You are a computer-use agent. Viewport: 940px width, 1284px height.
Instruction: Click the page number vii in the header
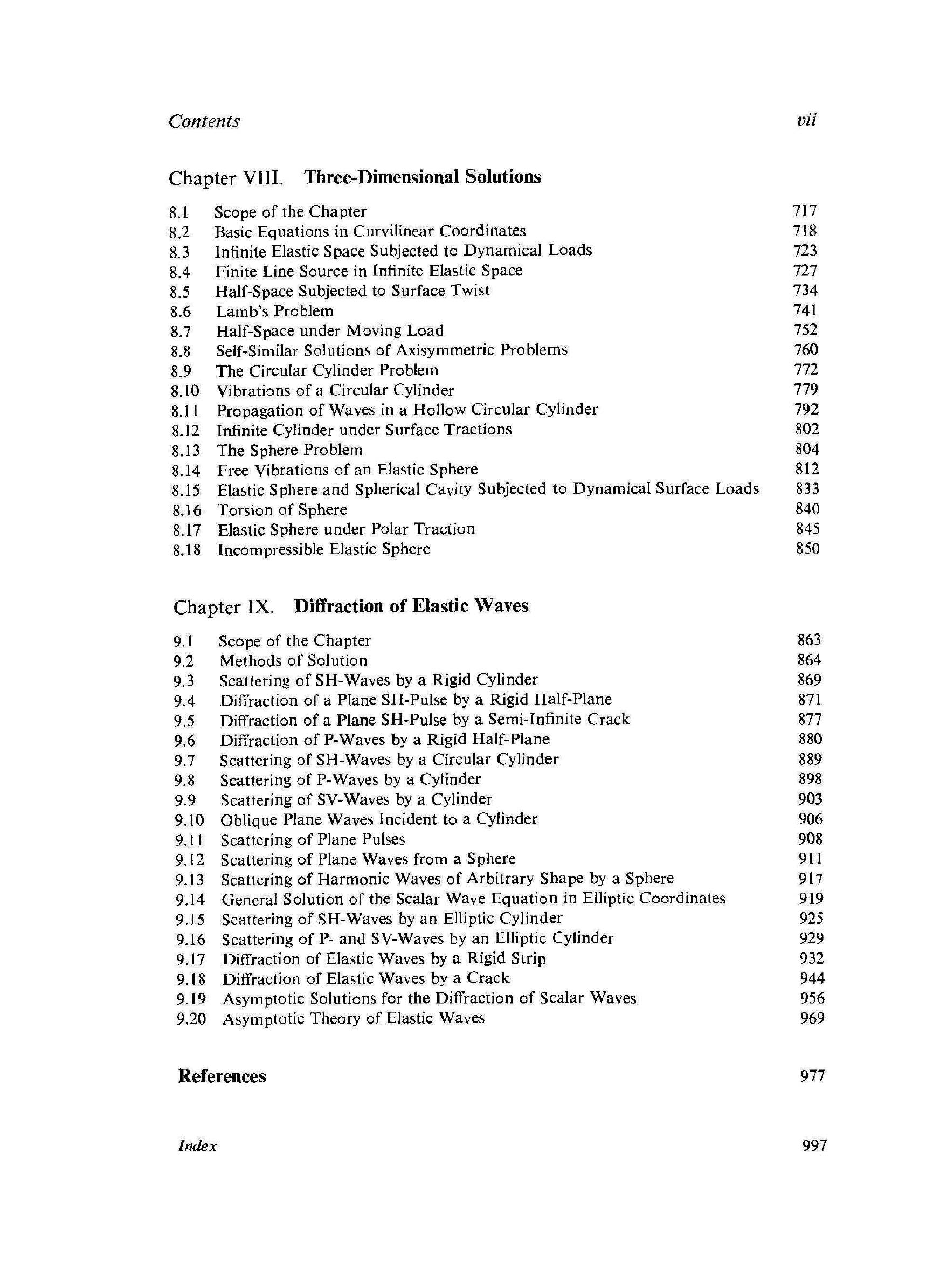[x=806, y=120]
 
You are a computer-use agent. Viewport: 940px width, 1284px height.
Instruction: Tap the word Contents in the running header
[x=204, y=121]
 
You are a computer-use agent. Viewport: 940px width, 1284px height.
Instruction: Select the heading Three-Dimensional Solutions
[x=422, y=177]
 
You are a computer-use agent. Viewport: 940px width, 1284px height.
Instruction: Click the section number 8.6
[x=181, y=312]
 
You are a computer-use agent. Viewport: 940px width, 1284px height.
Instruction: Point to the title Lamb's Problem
[x=274, y=311]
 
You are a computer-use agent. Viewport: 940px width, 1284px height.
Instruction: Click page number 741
[x=805, y=310]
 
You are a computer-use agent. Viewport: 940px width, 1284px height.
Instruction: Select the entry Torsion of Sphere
[x=282, y=509]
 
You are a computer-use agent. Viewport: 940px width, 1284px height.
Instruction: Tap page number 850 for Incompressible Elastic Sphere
[x=807, y=548]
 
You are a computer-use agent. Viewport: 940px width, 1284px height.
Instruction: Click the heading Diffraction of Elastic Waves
[x=411, y=606]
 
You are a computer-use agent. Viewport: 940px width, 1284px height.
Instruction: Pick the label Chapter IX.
[x=224, y=607]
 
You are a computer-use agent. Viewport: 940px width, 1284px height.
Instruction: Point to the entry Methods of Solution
[x=293, y=660]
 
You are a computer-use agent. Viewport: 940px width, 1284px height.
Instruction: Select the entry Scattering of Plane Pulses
[x=313, y=839]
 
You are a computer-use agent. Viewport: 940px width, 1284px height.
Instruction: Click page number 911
[x=810, y=859]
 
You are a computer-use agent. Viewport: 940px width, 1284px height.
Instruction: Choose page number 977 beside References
[x=812, y=1076]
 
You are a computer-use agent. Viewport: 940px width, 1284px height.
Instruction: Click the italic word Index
[x=197, y=1146]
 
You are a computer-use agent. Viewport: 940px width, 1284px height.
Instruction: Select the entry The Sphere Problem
[x=289, y=450]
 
